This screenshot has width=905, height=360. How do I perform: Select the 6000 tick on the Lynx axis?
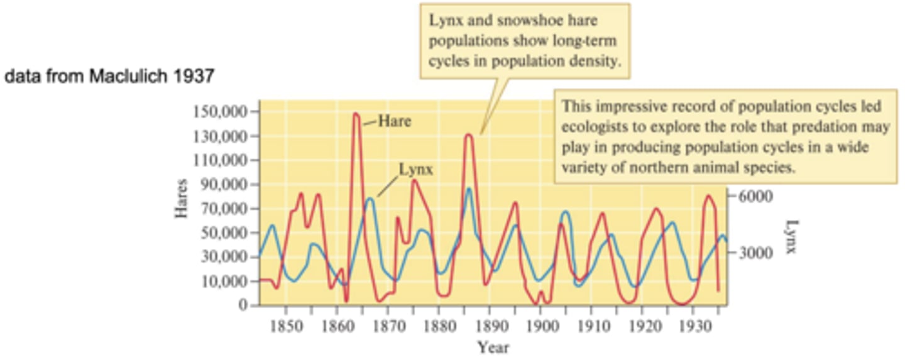point(750,195)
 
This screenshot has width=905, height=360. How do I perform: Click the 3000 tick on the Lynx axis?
point(750,253)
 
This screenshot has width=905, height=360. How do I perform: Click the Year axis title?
point(493,346)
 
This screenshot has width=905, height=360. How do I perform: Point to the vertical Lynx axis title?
point(791,236)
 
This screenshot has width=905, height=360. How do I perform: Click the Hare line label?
point(394,121)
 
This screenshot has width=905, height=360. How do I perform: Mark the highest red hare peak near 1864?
point(356,114)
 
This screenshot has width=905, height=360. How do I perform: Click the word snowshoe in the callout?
point(522,21)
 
